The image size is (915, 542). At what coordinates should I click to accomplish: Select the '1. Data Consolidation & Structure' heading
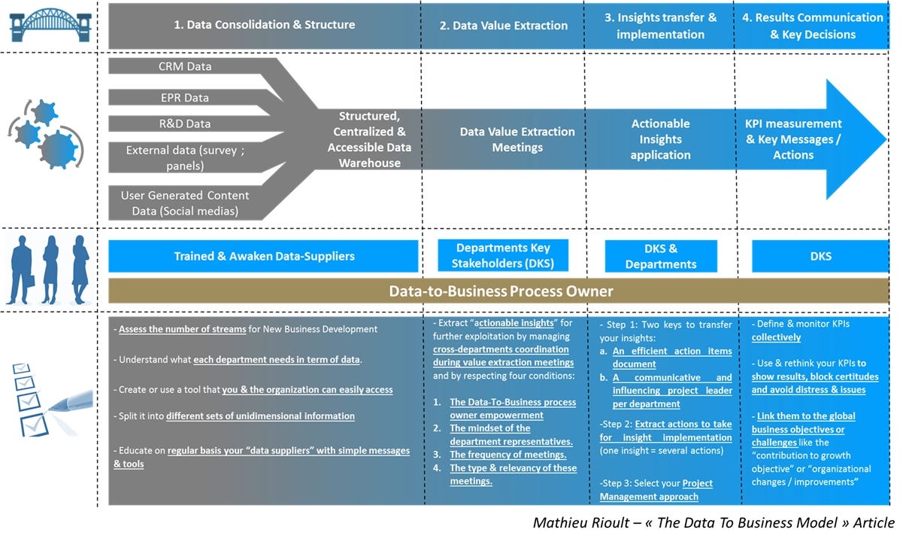click(265, 25)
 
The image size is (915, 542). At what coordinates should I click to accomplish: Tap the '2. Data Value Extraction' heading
click(504, 26)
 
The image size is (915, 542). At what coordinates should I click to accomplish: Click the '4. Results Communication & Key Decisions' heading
click(812, 26)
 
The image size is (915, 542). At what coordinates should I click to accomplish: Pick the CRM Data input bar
click(185, 66)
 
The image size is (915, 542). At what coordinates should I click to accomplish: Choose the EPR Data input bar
click(185, 97)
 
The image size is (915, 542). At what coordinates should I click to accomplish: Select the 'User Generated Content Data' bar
click(185, 203)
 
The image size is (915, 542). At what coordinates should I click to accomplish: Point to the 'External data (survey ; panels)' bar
click(185, 157)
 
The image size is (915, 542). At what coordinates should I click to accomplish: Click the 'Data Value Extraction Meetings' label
click(517, 139)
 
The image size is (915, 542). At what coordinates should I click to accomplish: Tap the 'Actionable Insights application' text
click(660, 139)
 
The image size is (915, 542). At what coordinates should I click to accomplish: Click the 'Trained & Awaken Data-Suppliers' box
click(264, 256)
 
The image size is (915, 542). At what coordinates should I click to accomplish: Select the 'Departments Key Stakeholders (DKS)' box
click(503, 256)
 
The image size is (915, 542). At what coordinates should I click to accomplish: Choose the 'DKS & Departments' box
click(661, 256)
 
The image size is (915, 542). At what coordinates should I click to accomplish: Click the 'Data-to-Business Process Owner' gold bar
click(499, 291)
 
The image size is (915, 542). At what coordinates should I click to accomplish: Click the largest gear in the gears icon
click(58, 148)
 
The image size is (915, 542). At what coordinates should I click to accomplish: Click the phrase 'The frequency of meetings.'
click(507, 455)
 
